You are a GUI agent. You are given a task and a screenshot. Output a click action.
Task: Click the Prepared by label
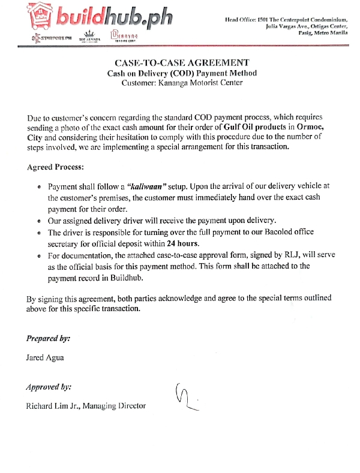click(x=48, y=338)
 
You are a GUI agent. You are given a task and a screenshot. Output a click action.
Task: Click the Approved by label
click(x=49, y=387)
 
